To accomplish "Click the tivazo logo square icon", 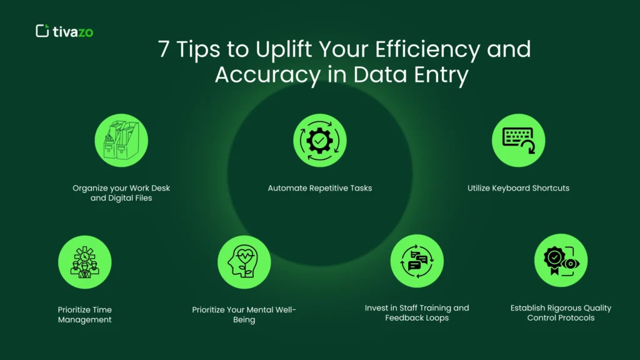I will click(42, 31).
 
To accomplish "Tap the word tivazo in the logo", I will click(73, 32).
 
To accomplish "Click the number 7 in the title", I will click(164, 49).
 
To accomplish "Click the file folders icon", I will click(121, 141).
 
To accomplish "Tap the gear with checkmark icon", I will click(320, 141).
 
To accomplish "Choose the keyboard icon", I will click(518, 140).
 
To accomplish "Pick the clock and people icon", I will click(85, 262).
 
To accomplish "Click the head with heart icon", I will click(244, 262).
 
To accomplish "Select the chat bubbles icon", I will click(417, 261).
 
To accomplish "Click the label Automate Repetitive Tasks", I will click(320, 188).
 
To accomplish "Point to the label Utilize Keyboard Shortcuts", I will click(518, 188).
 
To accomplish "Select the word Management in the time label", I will click(85, 320).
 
